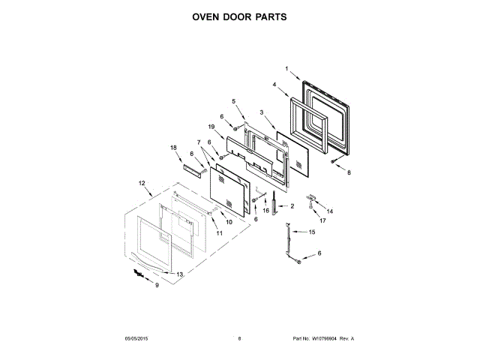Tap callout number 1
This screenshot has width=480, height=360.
[286, 69]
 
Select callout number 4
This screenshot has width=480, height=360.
[274, 85]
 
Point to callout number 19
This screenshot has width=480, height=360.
[212, 128]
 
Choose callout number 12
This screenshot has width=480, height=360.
[141, 182]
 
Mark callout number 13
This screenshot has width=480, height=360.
[180, 274]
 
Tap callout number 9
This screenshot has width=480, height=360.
[157, 285]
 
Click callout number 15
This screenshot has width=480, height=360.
[313, 232]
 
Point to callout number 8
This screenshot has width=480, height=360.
[348, 172]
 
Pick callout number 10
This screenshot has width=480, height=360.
[229, 222]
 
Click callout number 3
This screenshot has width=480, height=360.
[261, 112]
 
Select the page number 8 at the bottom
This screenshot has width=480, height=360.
[239, 339]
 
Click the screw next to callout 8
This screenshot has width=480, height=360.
[334, 160]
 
